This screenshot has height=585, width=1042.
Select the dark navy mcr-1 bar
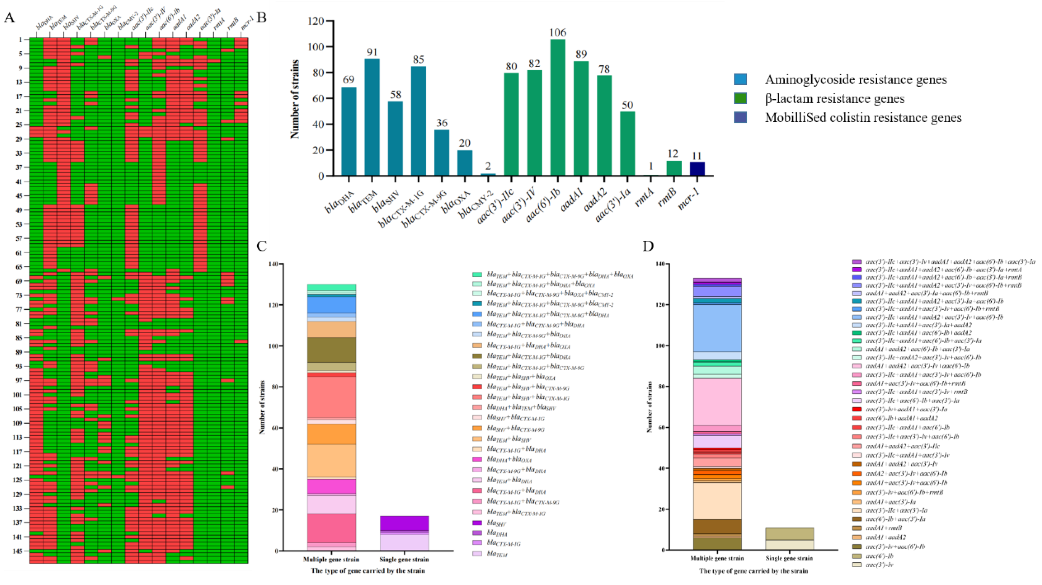[697, 169]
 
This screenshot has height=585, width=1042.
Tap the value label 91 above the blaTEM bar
[372, 53]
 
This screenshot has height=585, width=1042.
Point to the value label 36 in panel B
[441, 123]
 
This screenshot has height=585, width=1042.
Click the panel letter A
[9, 18]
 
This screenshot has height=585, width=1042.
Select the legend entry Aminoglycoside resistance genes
[855, 80]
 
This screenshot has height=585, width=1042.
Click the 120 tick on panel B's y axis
[316, 21]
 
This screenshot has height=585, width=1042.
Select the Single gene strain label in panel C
[404, 560]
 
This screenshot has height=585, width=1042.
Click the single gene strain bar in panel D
[789, 538]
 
